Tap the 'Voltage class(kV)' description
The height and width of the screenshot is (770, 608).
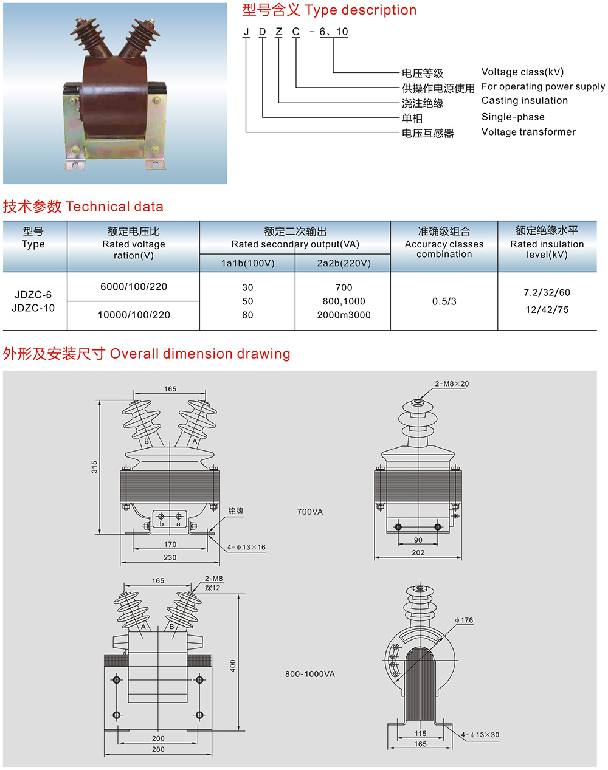522,72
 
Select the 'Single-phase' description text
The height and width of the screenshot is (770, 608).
513,117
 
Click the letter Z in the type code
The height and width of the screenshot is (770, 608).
279,32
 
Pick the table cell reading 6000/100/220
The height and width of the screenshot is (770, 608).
134,287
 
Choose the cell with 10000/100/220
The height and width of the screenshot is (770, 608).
134,315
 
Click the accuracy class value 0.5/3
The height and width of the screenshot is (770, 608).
444,301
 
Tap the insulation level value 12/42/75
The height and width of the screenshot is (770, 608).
547,310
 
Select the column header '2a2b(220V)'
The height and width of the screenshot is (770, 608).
344,263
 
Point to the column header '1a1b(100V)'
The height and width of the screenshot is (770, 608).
247,263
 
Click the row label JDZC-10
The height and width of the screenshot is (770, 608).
33,308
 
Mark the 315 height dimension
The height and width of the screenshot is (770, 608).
94,467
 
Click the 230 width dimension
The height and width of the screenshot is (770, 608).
170,557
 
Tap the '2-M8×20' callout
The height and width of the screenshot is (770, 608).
452,384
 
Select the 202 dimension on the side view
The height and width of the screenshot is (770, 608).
418,552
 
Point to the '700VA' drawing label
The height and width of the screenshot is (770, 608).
310,512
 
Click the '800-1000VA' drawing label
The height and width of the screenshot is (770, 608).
310,674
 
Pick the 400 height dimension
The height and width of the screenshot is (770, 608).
233,666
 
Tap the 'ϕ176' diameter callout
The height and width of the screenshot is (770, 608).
464,620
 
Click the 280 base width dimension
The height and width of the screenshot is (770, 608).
158,749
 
